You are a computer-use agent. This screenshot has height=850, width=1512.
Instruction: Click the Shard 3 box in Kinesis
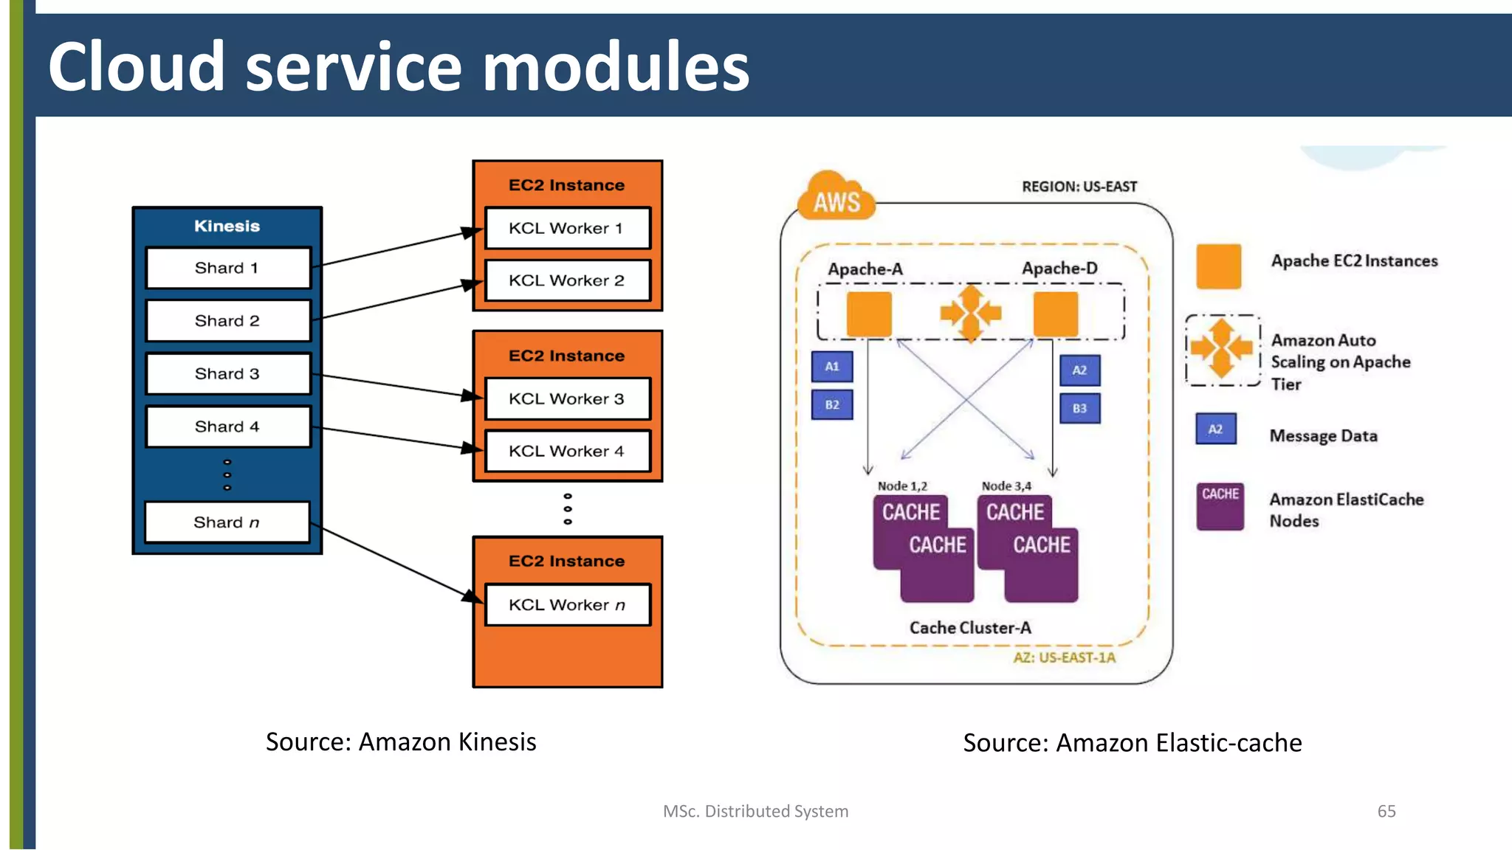(x=227, y=374)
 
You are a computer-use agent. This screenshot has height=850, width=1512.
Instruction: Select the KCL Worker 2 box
(x=567, y=280)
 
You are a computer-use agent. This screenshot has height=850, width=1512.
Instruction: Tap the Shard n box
(x=227, y=522)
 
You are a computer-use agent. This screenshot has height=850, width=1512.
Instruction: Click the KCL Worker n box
(x=567, y=605)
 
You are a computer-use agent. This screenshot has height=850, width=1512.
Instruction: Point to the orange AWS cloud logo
(x=836, y=199)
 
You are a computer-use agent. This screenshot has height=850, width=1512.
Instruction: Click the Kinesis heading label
(x=227, y=226)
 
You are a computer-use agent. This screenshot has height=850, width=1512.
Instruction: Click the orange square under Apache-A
(x=868, y=313)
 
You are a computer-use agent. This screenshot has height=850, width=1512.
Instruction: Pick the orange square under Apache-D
(x=1056, y=313)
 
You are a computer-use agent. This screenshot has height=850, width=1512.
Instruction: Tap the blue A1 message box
(x=832, y=367)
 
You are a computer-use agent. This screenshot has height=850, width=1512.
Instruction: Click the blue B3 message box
(x=1079, y=408)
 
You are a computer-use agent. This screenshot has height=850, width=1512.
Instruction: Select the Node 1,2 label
(x=902, y=486)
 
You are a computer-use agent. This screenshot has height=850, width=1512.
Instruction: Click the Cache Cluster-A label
(x=970, y=628)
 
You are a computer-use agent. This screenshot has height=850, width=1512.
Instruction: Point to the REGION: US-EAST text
(x=1079, y=187)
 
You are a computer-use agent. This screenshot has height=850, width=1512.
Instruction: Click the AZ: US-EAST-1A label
(x=1064, y=657)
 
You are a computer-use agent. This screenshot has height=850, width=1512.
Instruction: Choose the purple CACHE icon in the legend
(x=1220, y=506)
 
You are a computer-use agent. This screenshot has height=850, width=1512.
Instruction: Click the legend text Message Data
(x=1323, y=436)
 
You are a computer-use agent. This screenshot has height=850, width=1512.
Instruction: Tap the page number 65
(x=1386, y=811)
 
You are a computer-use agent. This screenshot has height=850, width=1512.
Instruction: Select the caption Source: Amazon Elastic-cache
(x=1132, y=742)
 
